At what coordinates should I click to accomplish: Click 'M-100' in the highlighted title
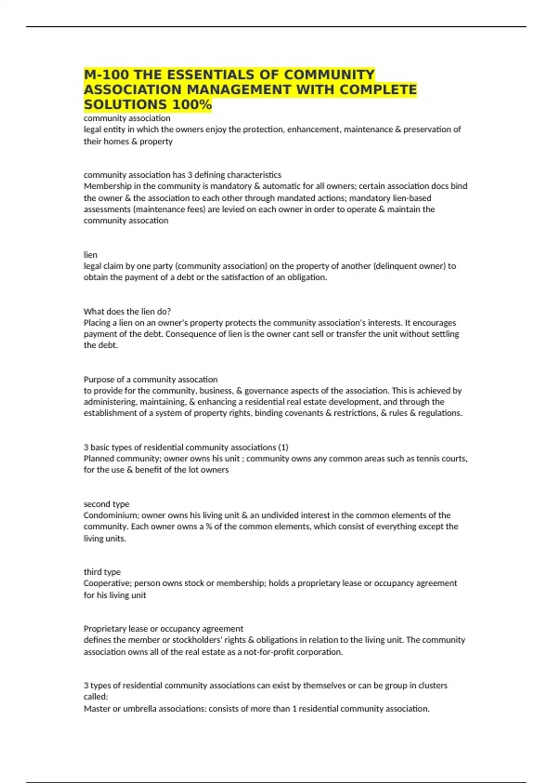[x=106, y=75]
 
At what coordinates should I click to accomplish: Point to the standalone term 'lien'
[x=90, y=255]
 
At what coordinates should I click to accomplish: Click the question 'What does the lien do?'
[x=127, y=311]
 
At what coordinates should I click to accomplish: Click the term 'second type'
[x=106, y=504]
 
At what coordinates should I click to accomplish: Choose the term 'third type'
[x=102, y=572]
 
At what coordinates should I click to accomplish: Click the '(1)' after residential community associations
[x=283, y=447]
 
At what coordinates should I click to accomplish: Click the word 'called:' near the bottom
[x=96, y=696]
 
